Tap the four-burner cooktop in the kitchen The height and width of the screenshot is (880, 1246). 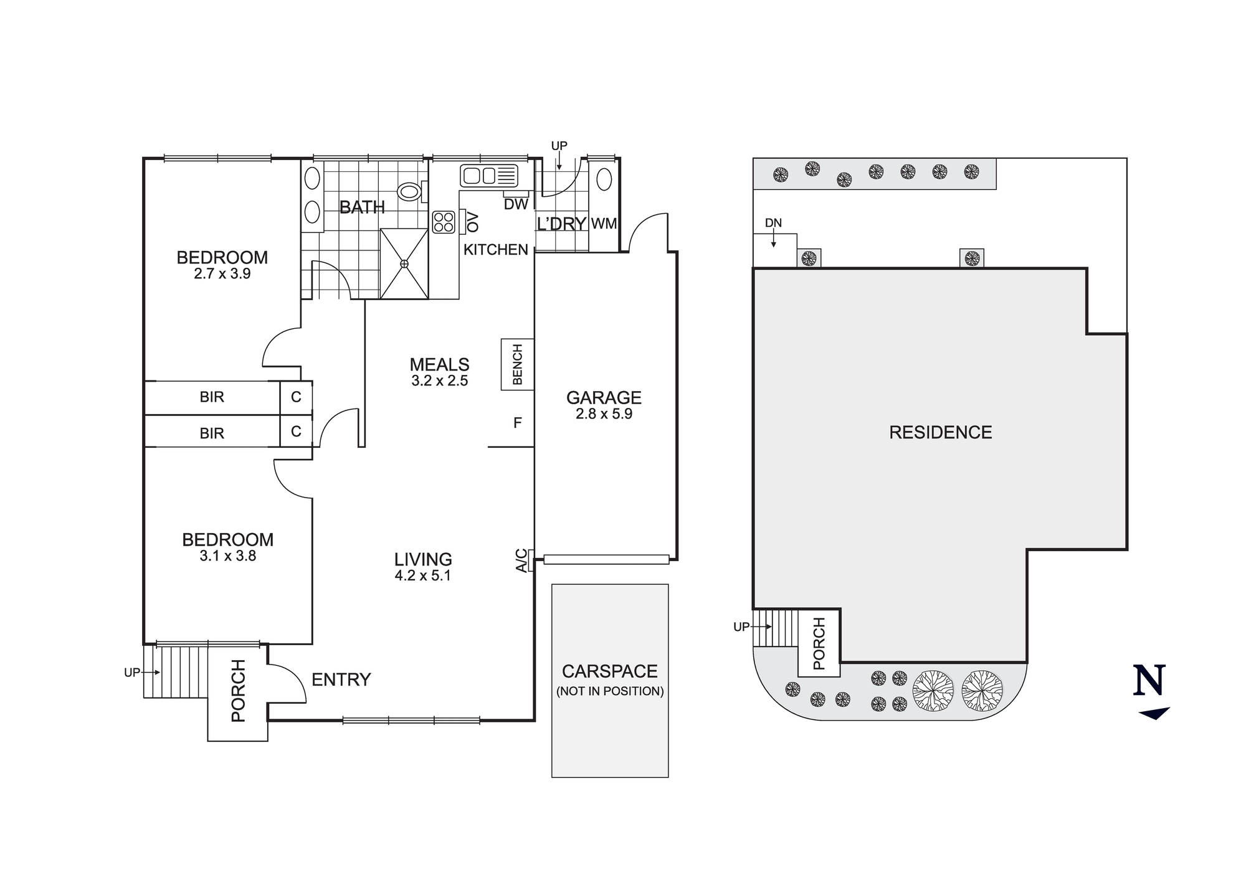click(x=444, y=222)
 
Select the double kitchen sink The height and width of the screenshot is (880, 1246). click(x=489, y=176)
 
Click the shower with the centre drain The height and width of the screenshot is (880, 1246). click(x=404, y=264)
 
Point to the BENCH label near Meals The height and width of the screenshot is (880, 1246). click(x=517, y=364)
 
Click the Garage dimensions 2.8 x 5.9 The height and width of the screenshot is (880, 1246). click(x=604, y=414)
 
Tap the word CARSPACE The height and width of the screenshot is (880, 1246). click(x=609, y=671)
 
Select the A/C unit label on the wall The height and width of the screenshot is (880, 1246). click(x=521, y=561)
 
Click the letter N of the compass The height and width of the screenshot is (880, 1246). click(x=1149, y=681)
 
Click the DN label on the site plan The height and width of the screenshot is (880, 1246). click(x=773, y=223)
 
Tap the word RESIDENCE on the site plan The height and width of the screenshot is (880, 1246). click(x=940, y=432)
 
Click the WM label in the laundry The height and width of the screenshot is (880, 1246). click(x=604, y=224)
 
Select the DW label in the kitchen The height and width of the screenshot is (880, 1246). click(x=515, y=204)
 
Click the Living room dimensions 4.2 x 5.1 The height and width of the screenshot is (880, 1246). click(x=422, y=576)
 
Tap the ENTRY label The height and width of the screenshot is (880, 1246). click(x=341, y=679)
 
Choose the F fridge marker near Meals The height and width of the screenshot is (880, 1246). click(x=517, y=423)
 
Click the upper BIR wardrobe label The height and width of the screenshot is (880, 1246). click(x=212, y=397)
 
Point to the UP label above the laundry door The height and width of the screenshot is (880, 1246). click(x=559, y=146)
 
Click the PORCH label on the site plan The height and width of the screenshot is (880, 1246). click(x=819, y=643)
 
